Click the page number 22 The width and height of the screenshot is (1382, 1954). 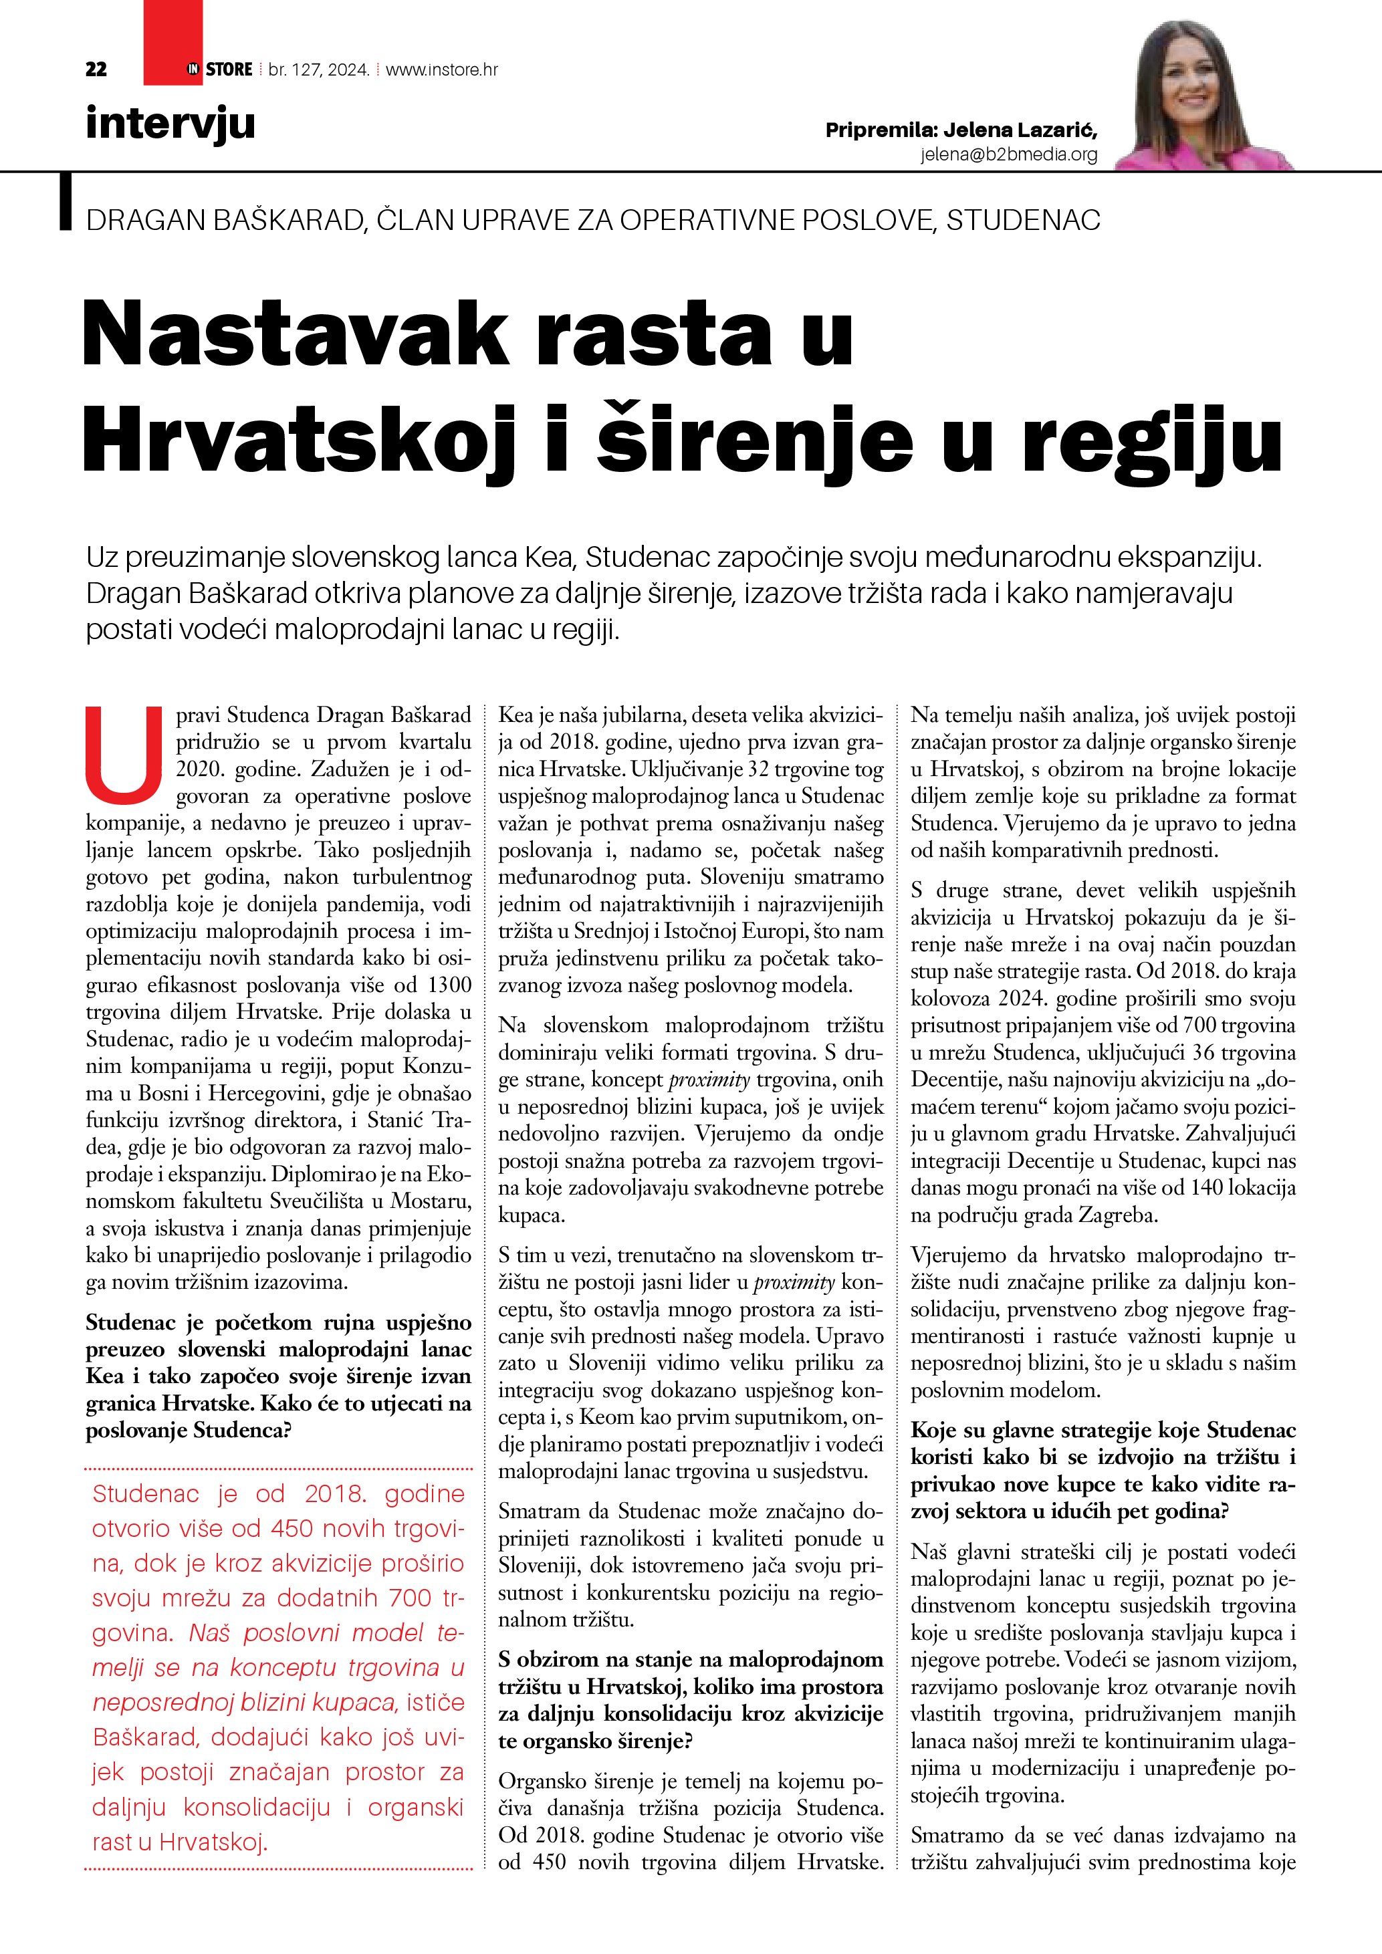click(x=96, y=70)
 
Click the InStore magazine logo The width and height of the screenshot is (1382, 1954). click(x=221, y=70)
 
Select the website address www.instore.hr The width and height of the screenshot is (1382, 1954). click(x=442, y=70)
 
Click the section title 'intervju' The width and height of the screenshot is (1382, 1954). click(x=170, y=124)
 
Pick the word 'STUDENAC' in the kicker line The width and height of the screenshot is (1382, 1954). click(x=1023, y=221)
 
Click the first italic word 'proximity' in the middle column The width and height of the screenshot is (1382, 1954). click(x=709, y=1080)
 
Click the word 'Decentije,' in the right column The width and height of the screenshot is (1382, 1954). click(x=958, y=1080)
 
